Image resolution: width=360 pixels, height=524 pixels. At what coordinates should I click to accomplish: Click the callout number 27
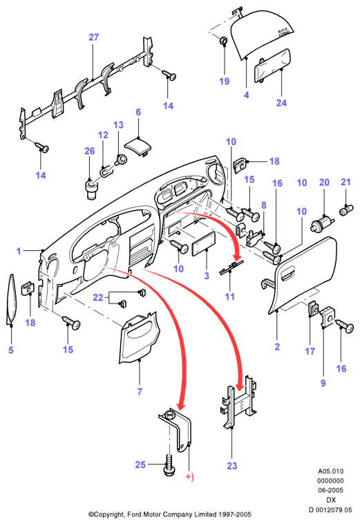[x=94, y=37]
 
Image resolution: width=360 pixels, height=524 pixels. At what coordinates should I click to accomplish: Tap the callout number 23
[x=231, y=465]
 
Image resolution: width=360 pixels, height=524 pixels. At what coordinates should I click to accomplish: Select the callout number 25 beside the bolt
[x=140, y=465]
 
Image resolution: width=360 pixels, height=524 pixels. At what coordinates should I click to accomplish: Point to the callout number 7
[x=140, y=391]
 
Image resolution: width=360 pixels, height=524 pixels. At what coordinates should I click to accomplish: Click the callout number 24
[x=281, y=102]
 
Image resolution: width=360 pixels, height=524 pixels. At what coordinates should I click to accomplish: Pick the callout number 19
[x=225, y=81]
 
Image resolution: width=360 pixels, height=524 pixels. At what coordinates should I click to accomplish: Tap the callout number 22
[x=98, y=297]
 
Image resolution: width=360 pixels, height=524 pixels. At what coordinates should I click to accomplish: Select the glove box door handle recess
[x=288, y=275]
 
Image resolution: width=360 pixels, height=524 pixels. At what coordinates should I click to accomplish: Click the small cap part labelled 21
[x=345, y=212]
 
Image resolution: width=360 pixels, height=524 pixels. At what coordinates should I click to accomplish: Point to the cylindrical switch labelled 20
[x=323, y=224]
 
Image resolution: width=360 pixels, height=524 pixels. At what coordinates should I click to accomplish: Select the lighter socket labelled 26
[x=91, y=190]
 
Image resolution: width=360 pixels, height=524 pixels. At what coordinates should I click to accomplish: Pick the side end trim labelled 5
[x=11, y=299]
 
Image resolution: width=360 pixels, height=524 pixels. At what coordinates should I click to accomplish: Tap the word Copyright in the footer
[x=109, y=514]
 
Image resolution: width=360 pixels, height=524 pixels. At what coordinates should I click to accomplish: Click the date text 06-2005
[x=330, y=490]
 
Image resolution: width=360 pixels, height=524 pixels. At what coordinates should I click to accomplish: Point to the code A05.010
[x=330, y=471]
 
